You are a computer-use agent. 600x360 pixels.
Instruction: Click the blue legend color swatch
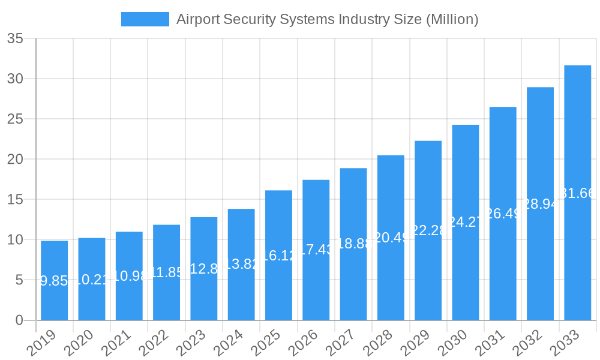145,19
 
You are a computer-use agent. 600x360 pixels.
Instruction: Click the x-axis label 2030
458,343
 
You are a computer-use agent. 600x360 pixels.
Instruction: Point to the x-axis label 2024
235,343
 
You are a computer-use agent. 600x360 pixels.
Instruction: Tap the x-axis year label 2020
85,343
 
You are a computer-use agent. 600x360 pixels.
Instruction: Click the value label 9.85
54,281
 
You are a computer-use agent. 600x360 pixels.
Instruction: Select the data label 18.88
353,243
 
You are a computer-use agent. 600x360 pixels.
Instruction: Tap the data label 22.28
428,230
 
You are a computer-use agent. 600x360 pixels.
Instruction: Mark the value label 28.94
540,204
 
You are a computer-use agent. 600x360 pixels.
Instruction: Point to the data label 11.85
166,272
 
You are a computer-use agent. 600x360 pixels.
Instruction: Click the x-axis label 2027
347,343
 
